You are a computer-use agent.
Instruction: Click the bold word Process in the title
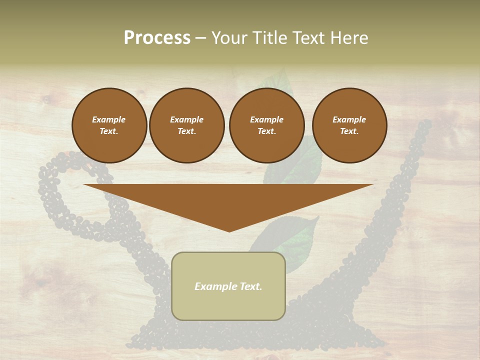pos(157,38)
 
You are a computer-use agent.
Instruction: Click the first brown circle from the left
pos(109,125)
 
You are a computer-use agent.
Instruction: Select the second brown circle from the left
pos(186,125)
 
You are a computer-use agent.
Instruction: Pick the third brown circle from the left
pos(266,125)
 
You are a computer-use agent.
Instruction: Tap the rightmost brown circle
pos(349,125)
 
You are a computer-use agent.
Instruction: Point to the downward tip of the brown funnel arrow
pos(229,230)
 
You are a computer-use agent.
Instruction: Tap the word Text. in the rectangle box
pos(249,286)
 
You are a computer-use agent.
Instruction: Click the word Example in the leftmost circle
pos(109,120)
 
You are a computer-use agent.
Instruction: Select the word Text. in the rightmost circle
pos(349,131)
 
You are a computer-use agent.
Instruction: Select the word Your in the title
pos(228,38)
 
